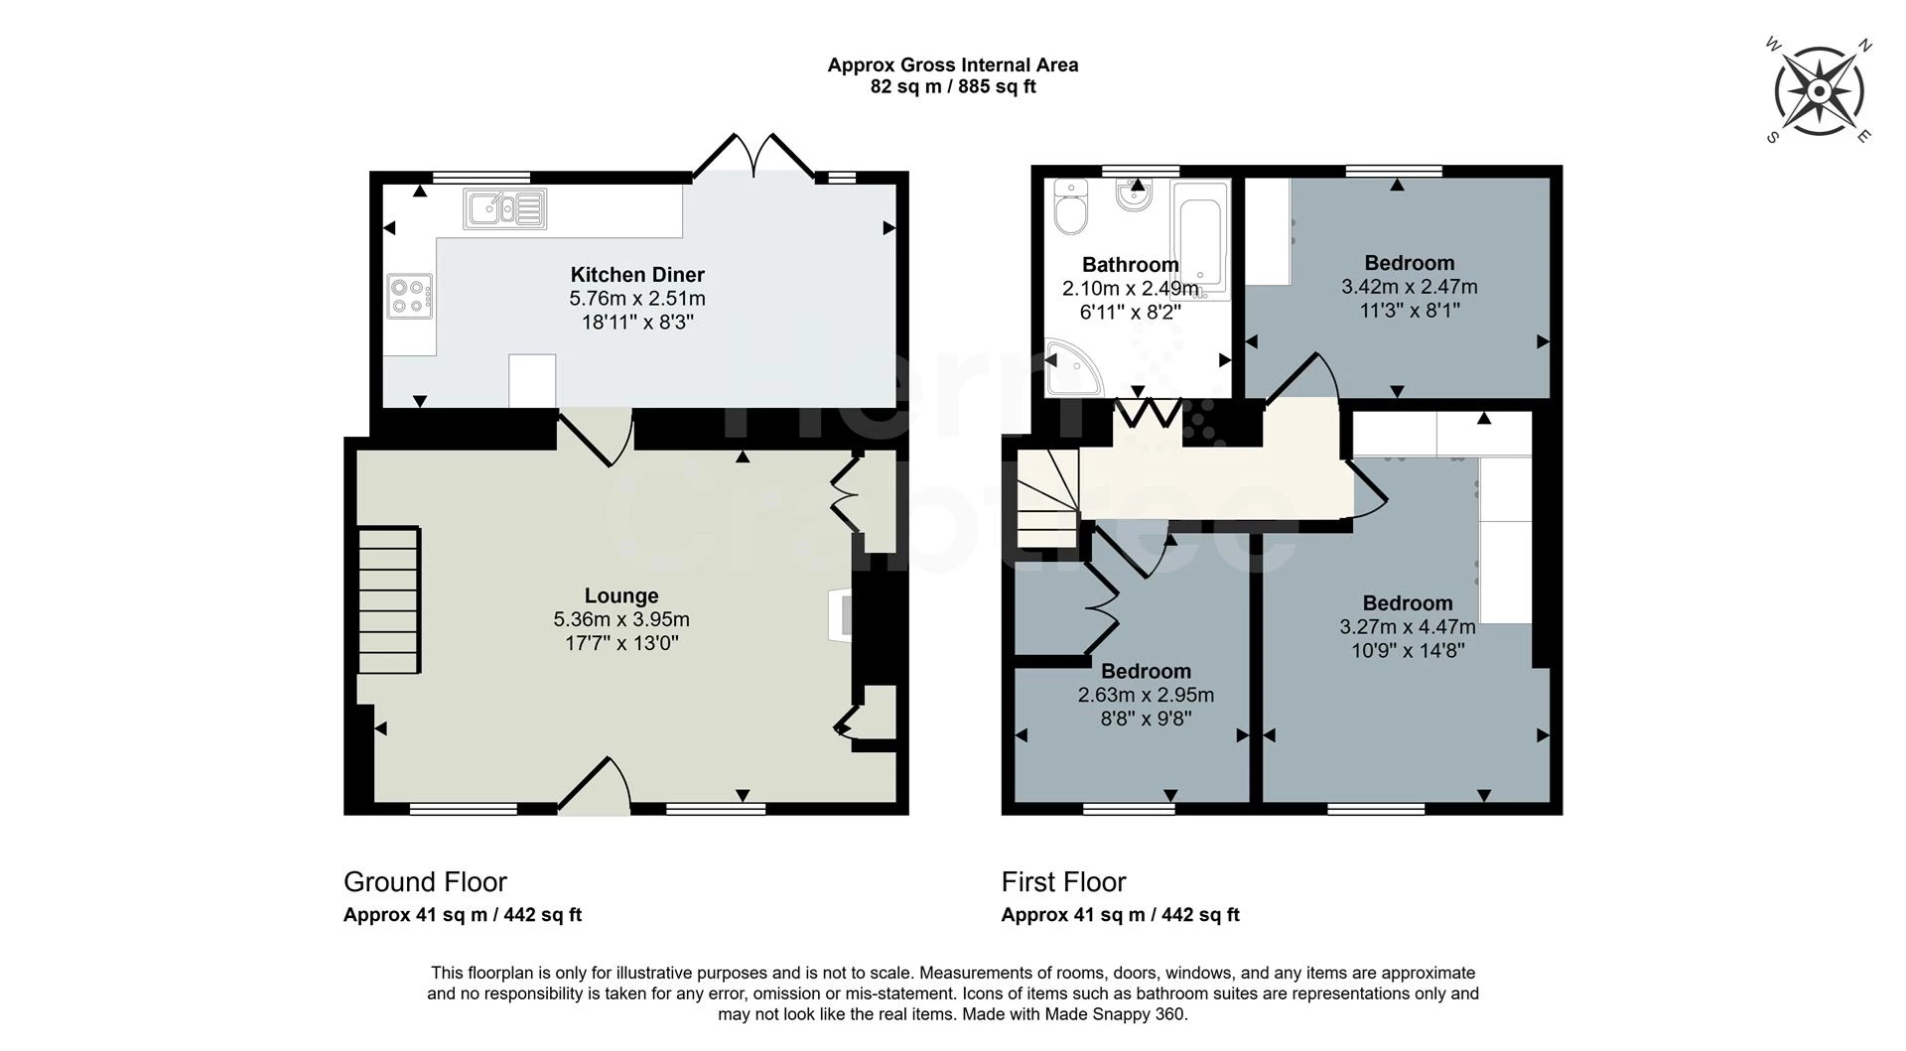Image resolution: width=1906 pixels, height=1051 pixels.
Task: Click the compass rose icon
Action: (x=1819, y=91)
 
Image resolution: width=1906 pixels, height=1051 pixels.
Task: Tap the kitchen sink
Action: (x=504, y=208)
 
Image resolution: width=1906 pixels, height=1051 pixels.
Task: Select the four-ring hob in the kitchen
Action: (x=410, y=295)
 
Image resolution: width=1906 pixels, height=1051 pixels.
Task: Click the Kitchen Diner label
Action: (x=637, y=275)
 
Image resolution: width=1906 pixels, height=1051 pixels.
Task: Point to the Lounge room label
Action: (x=621, y=595)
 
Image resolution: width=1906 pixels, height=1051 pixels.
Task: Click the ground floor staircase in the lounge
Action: (x=389, y=601)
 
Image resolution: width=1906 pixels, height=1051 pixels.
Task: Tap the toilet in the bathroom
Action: (x=1071, y=207)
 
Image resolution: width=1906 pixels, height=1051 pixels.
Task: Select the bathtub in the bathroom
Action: (x=1200, y=239)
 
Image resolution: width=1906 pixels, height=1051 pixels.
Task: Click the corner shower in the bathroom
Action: (x=1070, y=367)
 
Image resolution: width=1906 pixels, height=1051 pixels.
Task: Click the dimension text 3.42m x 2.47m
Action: (x=1409, y=287)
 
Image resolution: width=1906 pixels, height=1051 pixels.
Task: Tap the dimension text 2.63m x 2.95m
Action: (x=1146, y=695)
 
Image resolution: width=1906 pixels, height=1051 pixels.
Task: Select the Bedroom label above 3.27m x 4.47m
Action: (x=1408, y=603)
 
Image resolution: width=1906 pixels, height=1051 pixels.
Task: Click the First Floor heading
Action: (x=1063, y=881)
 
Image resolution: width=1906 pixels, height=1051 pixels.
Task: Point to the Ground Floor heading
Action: (x=425, y=881)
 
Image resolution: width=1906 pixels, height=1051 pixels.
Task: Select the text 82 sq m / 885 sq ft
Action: (x=953, y=87)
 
